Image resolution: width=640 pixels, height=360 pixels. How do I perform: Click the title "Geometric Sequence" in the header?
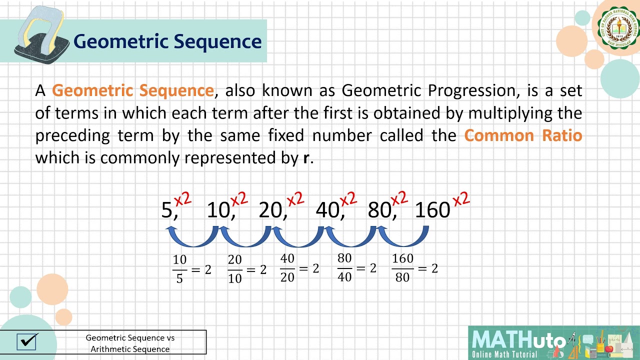pos(167,41)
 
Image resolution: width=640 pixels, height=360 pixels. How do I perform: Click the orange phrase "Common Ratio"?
pos(523,135)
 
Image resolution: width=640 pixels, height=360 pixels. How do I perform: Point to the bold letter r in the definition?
pos(306,158)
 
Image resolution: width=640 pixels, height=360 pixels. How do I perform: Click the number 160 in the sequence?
pos(432,210)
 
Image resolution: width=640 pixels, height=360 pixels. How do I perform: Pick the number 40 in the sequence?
pos(327,210)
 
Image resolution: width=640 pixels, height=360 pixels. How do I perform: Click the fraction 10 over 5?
pos(180,269)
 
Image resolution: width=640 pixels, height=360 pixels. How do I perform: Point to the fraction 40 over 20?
pos(287,268)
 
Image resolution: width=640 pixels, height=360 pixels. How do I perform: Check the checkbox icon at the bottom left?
pos(27,341)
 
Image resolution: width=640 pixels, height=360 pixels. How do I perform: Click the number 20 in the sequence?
pos(270,210)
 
